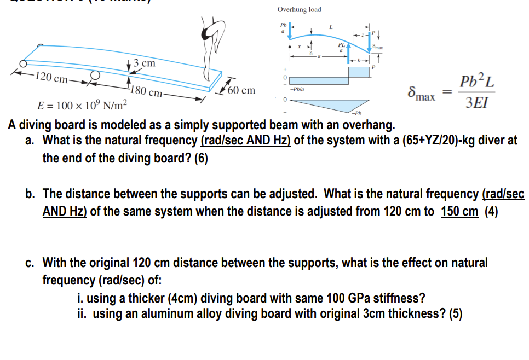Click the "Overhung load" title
[299, 10]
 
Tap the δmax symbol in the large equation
[422, 93]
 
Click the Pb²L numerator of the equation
[478, 83]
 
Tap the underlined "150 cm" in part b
[459, 212]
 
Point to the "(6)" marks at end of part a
[200, 159]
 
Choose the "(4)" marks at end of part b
[491, 212]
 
